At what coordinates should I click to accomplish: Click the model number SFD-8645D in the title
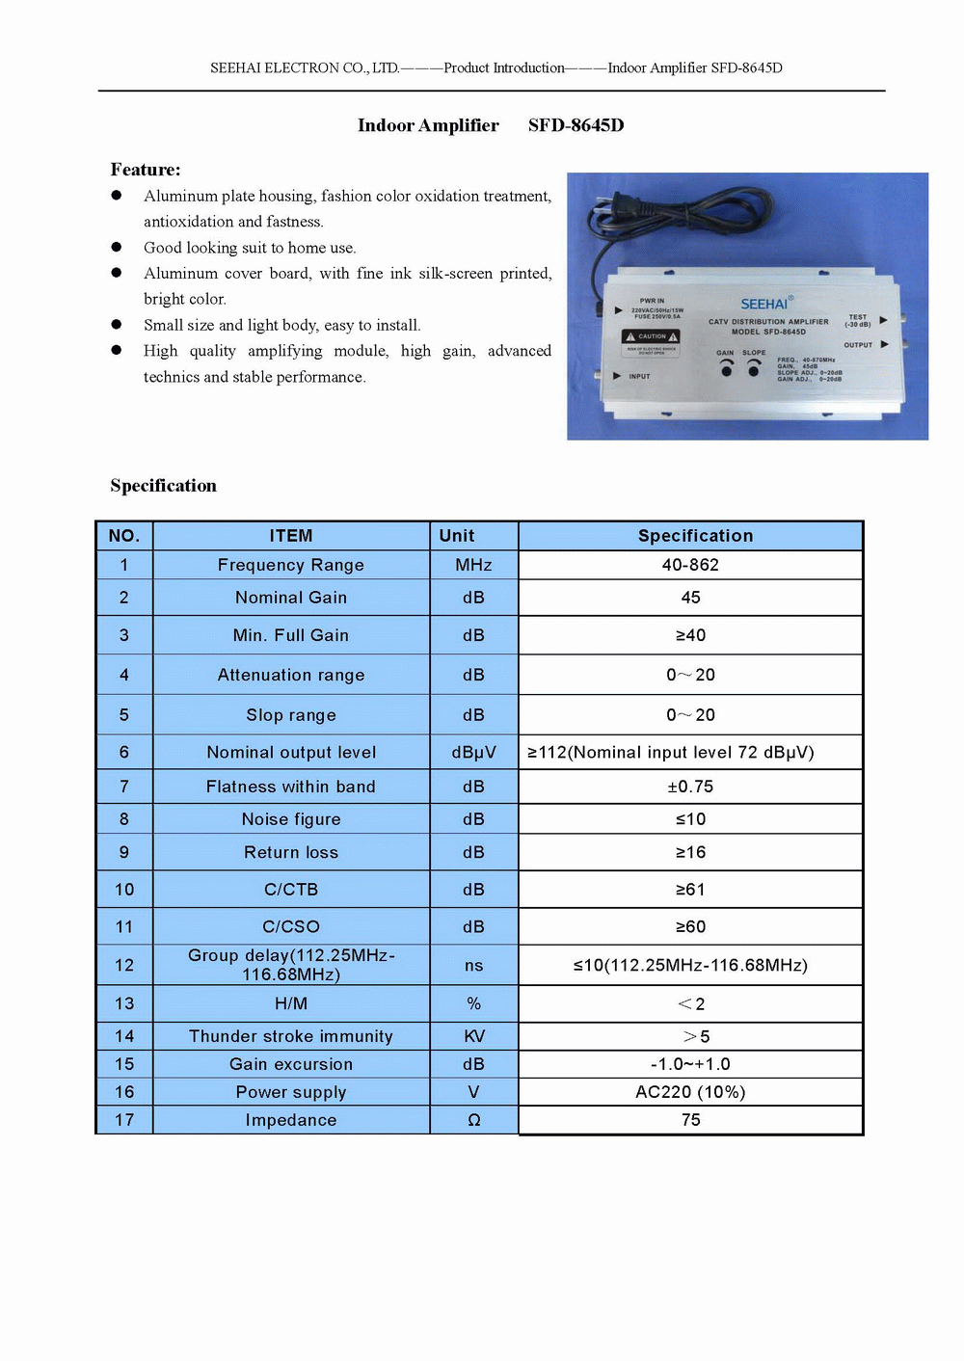coord(576,125)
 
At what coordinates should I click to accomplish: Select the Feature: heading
coord(146,170)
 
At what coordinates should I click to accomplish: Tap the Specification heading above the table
coord(163,486)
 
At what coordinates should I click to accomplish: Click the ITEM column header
coord(290,536)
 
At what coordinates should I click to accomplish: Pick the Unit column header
coord(457,536)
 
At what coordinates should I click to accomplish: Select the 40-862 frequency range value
coord(690,565)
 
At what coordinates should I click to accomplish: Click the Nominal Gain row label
coord(290,598)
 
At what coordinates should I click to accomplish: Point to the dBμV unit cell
coord(473,753)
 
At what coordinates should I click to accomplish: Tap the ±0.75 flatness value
coord(690,787)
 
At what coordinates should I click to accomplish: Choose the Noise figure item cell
coord(290,819)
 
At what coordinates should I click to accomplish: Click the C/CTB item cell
coord(290,890)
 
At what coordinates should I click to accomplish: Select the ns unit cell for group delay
coord(473,966)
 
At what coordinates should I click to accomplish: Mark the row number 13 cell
coord(124,1004)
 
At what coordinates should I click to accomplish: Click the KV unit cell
coord(473,1036)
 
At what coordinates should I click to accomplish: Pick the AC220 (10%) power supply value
coord(690,1092)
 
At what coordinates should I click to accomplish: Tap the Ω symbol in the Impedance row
coord(473,1120)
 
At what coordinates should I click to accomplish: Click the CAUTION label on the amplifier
coord(652,336)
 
